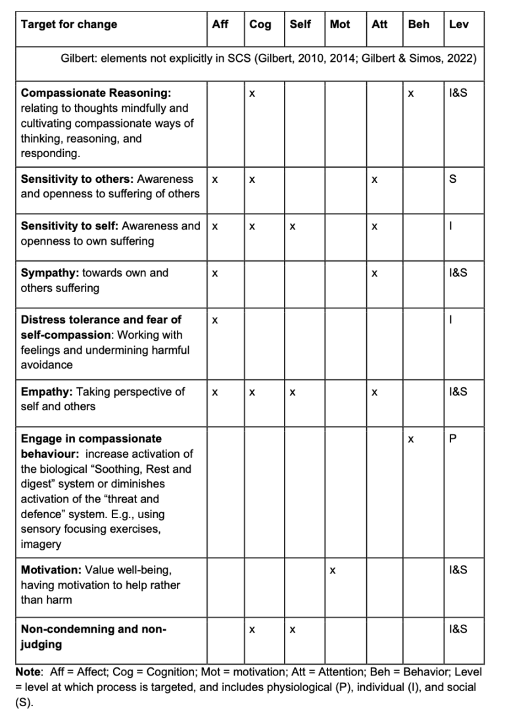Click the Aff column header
(220, 25)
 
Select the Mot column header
(340, 25)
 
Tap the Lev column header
(458, 25)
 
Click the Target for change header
(69, 25)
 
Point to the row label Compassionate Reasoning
(96, 93)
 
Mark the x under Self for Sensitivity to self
(293, 227)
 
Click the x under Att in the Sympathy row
(374, 274)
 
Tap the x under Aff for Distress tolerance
(214, 321)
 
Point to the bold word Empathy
(47, 392)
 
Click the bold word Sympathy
(49, 273)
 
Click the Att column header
(379, 25)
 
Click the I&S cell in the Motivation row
(458, 570)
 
